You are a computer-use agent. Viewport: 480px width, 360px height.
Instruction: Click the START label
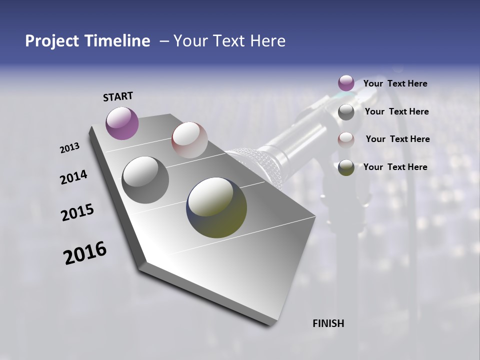pos(118,96)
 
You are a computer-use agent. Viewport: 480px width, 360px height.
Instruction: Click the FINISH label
pos(328,323)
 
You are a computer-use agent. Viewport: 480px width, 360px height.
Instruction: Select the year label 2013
pos(70,147)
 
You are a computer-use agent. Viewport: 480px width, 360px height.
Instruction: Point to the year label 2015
pos(77,212)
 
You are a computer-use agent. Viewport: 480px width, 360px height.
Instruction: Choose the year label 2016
pos(85,253)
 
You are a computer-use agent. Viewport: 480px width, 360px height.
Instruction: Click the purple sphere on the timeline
pos(122,123)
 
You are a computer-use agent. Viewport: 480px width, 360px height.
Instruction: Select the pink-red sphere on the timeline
pos(189,140)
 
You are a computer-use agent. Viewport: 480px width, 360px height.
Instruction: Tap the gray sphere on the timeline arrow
pos(145,180)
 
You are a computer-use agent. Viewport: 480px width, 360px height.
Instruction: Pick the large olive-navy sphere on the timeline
pos(216,207)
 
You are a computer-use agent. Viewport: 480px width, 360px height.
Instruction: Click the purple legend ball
pos(346,83)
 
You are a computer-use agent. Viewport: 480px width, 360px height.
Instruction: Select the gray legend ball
pos(346,112)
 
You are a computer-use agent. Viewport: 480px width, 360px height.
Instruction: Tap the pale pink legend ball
pos(346,139)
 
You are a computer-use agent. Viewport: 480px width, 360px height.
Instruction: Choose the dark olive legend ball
pos(346,167)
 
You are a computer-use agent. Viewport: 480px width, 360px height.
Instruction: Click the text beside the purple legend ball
pos(395,83)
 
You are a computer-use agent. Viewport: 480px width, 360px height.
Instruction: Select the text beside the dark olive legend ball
pos(395,167)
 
